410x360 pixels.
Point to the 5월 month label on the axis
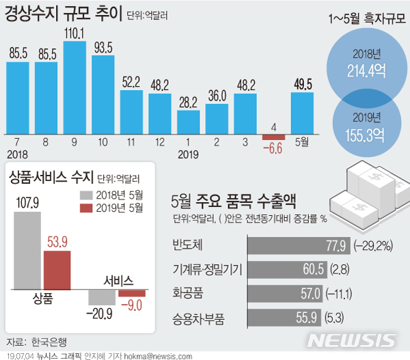[x=302, y=142]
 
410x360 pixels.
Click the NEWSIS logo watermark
[x=351, y=340]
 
